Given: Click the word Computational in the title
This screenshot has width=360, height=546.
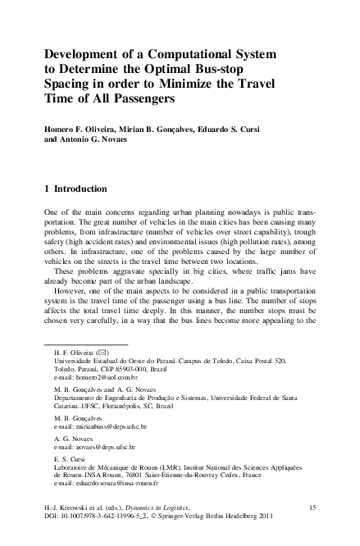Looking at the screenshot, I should [185, 53].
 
